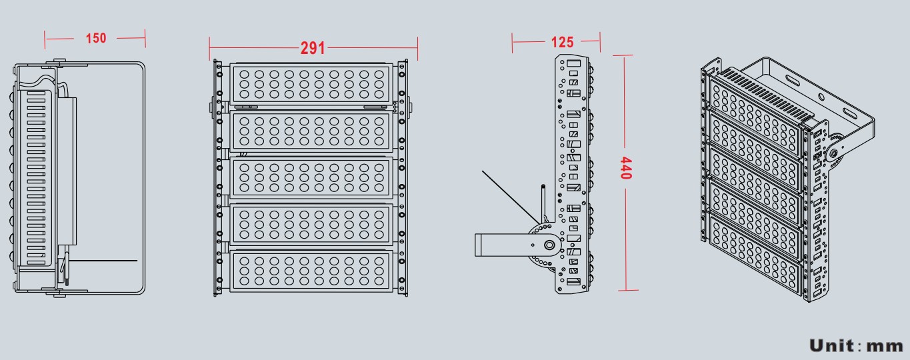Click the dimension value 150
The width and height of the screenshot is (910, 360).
96,38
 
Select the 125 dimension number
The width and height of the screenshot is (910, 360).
562,43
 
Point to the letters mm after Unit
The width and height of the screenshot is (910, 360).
884,346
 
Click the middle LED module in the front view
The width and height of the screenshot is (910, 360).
310,177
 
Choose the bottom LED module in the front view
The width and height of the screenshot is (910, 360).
310,271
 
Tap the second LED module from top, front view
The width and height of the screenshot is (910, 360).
310,131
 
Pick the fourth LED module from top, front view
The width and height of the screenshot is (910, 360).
310,225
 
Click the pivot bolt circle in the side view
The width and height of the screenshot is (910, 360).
549,245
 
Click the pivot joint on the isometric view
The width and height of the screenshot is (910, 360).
833,153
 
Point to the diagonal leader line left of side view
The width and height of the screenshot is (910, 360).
510,197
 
